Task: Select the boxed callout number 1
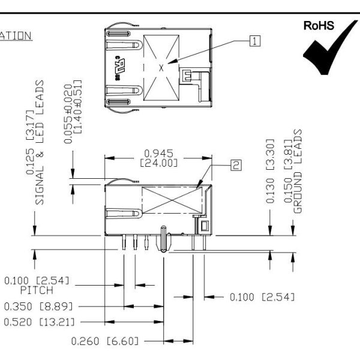256,41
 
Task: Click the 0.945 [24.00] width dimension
159,157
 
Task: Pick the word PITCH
37,290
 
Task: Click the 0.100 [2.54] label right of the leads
262,296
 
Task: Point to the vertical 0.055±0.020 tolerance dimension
73,111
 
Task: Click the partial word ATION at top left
16,36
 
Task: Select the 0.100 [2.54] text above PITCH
37,280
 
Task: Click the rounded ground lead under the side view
163,240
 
